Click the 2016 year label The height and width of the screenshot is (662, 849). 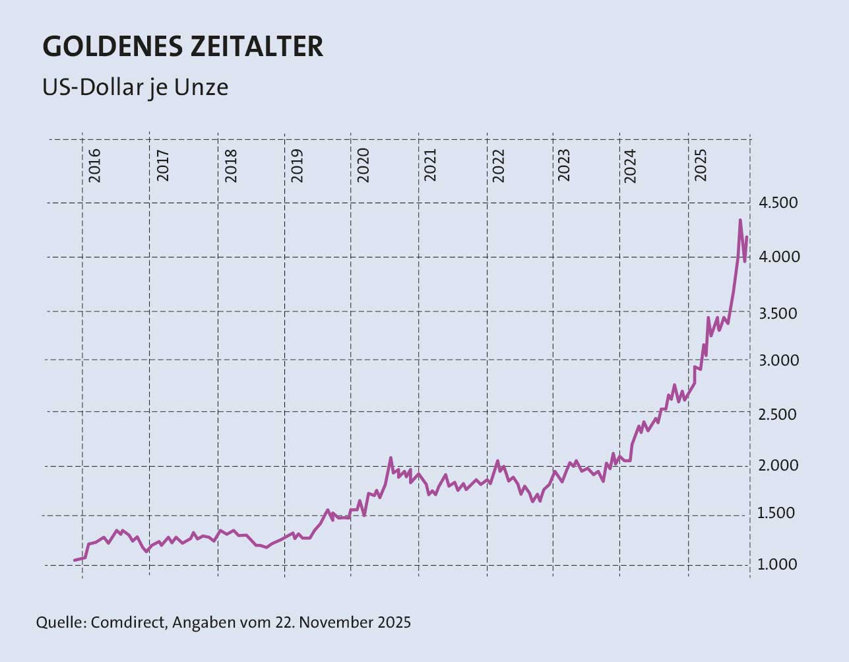(x=95, y=165)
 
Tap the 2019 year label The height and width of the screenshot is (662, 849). (x=297, y=165)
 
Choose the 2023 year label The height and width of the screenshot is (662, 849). (x=565, y=165)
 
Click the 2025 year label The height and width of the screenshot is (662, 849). (x=701, y=165)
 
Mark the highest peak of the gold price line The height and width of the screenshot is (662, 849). (x=740, y=220)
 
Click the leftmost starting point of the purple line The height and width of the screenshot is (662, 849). (x=75, y=560)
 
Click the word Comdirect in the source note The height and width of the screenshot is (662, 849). (x=129, y=622)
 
